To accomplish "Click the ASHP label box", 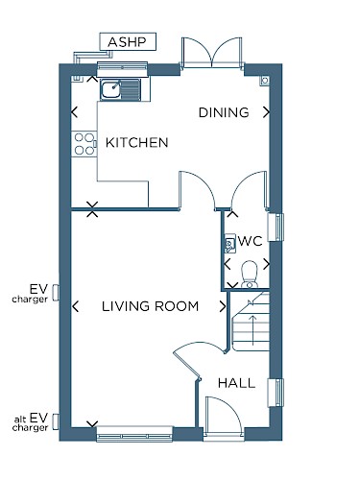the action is [128, 41].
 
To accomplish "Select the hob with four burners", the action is [84, 144].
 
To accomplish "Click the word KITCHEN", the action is [136, 143].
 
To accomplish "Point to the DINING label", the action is [224, 112].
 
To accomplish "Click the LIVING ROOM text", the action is [150, 306].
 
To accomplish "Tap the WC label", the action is [251, 241].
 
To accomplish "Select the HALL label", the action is [236, 383].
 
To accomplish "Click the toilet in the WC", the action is [249, 275].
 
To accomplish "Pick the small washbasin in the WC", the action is [230, 244].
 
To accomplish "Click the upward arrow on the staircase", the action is [252, 330].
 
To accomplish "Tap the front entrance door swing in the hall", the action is [224, 415].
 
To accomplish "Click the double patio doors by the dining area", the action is [212, 53].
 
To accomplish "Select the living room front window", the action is [134, 434].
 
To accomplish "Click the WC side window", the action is [276, 227].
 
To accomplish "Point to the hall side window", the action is [276, 393].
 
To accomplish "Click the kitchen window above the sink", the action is [122, 68].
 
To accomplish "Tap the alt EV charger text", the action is [31, 422].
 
